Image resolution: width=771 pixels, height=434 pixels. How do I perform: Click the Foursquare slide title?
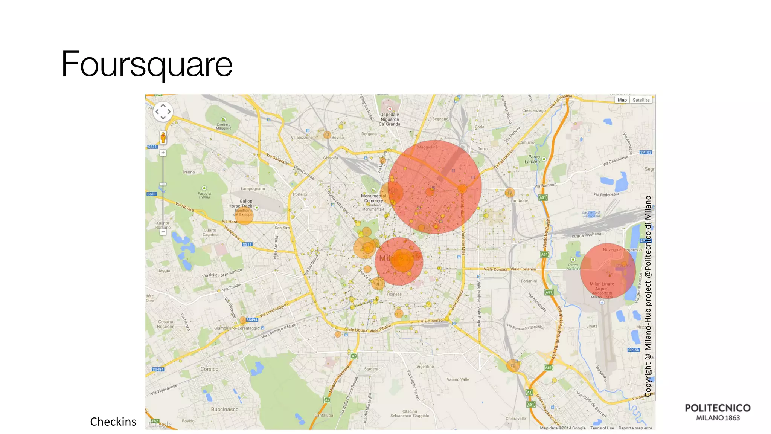[147, 64]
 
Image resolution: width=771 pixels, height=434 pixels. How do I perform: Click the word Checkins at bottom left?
[113, 422]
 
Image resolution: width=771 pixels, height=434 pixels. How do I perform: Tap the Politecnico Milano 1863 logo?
[718, 412]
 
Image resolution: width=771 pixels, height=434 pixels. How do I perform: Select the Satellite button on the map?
[641, 100]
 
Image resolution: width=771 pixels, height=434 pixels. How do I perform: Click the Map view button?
[622, 100]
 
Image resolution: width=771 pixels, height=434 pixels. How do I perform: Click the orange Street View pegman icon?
[163, 138]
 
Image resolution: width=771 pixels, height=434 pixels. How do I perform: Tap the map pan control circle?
[163, 112]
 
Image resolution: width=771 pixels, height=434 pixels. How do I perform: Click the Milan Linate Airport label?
[602, 286]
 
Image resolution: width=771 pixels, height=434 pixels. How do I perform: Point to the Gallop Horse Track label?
[243, 203]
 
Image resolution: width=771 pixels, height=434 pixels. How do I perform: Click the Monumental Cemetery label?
[373, 198]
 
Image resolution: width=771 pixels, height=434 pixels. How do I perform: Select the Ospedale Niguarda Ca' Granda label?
[390, 119]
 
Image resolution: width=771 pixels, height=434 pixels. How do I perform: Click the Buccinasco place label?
[224, 409]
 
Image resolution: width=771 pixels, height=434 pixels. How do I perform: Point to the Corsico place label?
[209, 369]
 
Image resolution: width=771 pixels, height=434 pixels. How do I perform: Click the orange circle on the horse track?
[244, 215]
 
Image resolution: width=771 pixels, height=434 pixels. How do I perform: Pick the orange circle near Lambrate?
[510, 193]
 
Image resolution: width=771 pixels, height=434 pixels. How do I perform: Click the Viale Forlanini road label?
[523, 269]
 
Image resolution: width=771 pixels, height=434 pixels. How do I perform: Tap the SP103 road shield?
[646, 152]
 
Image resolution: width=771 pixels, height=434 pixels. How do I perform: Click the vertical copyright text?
[648, 296]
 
